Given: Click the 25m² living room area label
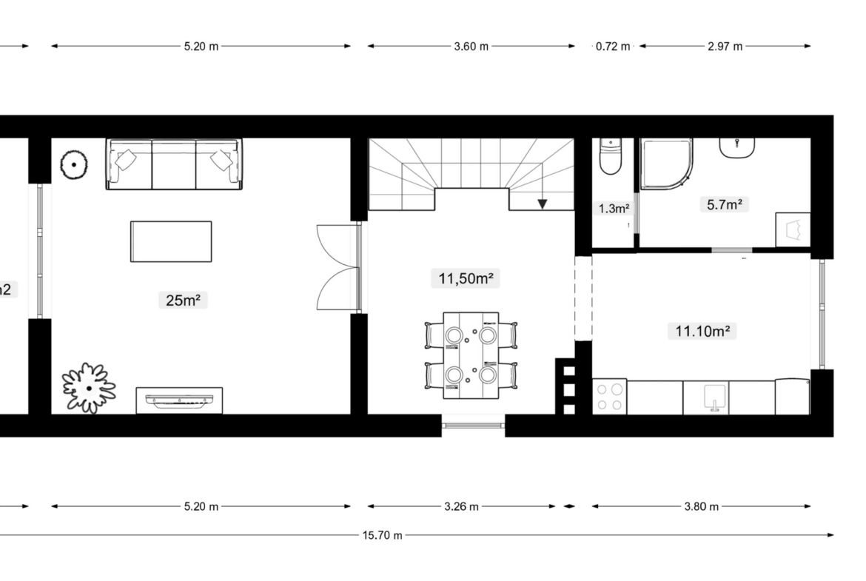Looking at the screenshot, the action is pyautogui.click(x=183, y=300).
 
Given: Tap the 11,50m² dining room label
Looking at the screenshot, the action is pyautogui.click(x=466, y=278).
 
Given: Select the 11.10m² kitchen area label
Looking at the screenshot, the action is pyautogui.click(x=702, y=331).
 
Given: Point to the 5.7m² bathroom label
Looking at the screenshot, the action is pyautogui.click(x=724, y=205).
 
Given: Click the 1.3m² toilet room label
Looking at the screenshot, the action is pyautogui.click(x=614, y=209).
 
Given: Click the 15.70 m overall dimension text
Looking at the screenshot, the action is pyautogui.click(x=382, y=535).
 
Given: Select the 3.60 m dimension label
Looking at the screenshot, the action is pyautogui.click(x=471, y=47).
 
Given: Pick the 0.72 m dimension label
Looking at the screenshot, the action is pyautogui.click(x=613, y=47).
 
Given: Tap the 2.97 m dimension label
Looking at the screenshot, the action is pyautogui.click(x=725, y=47).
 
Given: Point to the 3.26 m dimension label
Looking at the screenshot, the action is pyautogui.click(x=461, y=506).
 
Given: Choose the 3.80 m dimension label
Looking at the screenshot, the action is pyautogui.click(x=702, y=506).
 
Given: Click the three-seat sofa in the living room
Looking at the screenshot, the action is pyautogui.click(x=174, y=164).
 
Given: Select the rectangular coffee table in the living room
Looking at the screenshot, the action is pyautogui.click(x=171, y=241).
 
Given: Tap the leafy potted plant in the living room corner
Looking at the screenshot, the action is pyautogui.click(x=88, y=389).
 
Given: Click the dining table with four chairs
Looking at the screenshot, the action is pyautogui.click(x=471, y=355).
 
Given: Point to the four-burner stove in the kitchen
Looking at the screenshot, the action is pyautogui.click(x=610, y=397).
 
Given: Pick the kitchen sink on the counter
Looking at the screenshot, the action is pyautogui.click(x=714, y=398).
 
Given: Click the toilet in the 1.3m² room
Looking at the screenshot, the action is pyautogui.click(x=611, y=157).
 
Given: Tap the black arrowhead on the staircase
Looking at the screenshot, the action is pyautogui.click(x=543, y=204).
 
